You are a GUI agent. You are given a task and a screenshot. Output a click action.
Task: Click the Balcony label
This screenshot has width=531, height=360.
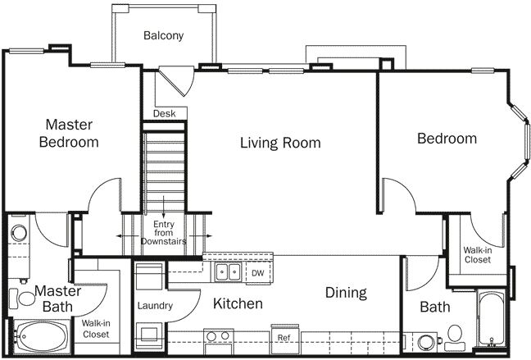coord(163,35)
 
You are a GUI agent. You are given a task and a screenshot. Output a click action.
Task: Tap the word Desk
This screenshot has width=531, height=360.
coord(164,113)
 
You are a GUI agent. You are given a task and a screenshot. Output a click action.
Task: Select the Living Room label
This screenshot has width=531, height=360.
coord(279,143)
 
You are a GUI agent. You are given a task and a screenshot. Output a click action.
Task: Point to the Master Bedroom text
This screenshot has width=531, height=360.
coord(69,134)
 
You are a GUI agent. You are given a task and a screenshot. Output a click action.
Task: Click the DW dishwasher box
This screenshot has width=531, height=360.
coord(256,272)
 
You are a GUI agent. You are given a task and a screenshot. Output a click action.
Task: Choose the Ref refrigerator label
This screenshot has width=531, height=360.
coord(283,337)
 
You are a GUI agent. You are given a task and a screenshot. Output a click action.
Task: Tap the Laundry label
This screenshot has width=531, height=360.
coord(153,306)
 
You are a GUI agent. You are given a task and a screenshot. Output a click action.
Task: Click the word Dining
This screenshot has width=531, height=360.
coord(345,293)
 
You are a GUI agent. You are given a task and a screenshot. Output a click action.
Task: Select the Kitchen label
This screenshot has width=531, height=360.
coord(238,304)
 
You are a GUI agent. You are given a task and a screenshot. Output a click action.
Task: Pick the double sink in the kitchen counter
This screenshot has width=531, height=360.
coord(227,271)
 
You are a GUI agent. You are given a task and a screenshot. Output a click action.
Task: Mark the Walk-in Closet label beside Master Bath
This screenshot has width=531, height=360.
coord(97,329)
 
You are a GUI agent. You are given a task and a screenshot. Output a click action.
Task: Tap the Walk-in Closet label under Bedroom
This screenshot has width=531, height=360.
coord(477,254)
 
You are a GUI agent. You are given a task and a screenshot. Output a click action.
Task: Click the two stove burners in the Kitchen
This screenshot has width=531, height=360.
coord(216,336)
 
